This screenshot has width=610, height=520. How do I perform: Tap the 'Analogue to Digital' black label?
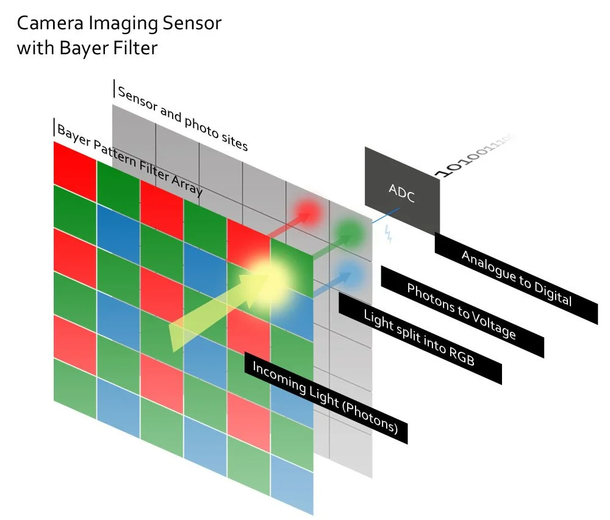[516, 277]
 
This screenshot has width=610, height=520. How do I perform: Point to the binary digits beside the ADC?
[476, 155]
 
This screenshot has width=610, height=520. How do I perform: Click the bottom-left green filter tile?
[75, 381]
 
